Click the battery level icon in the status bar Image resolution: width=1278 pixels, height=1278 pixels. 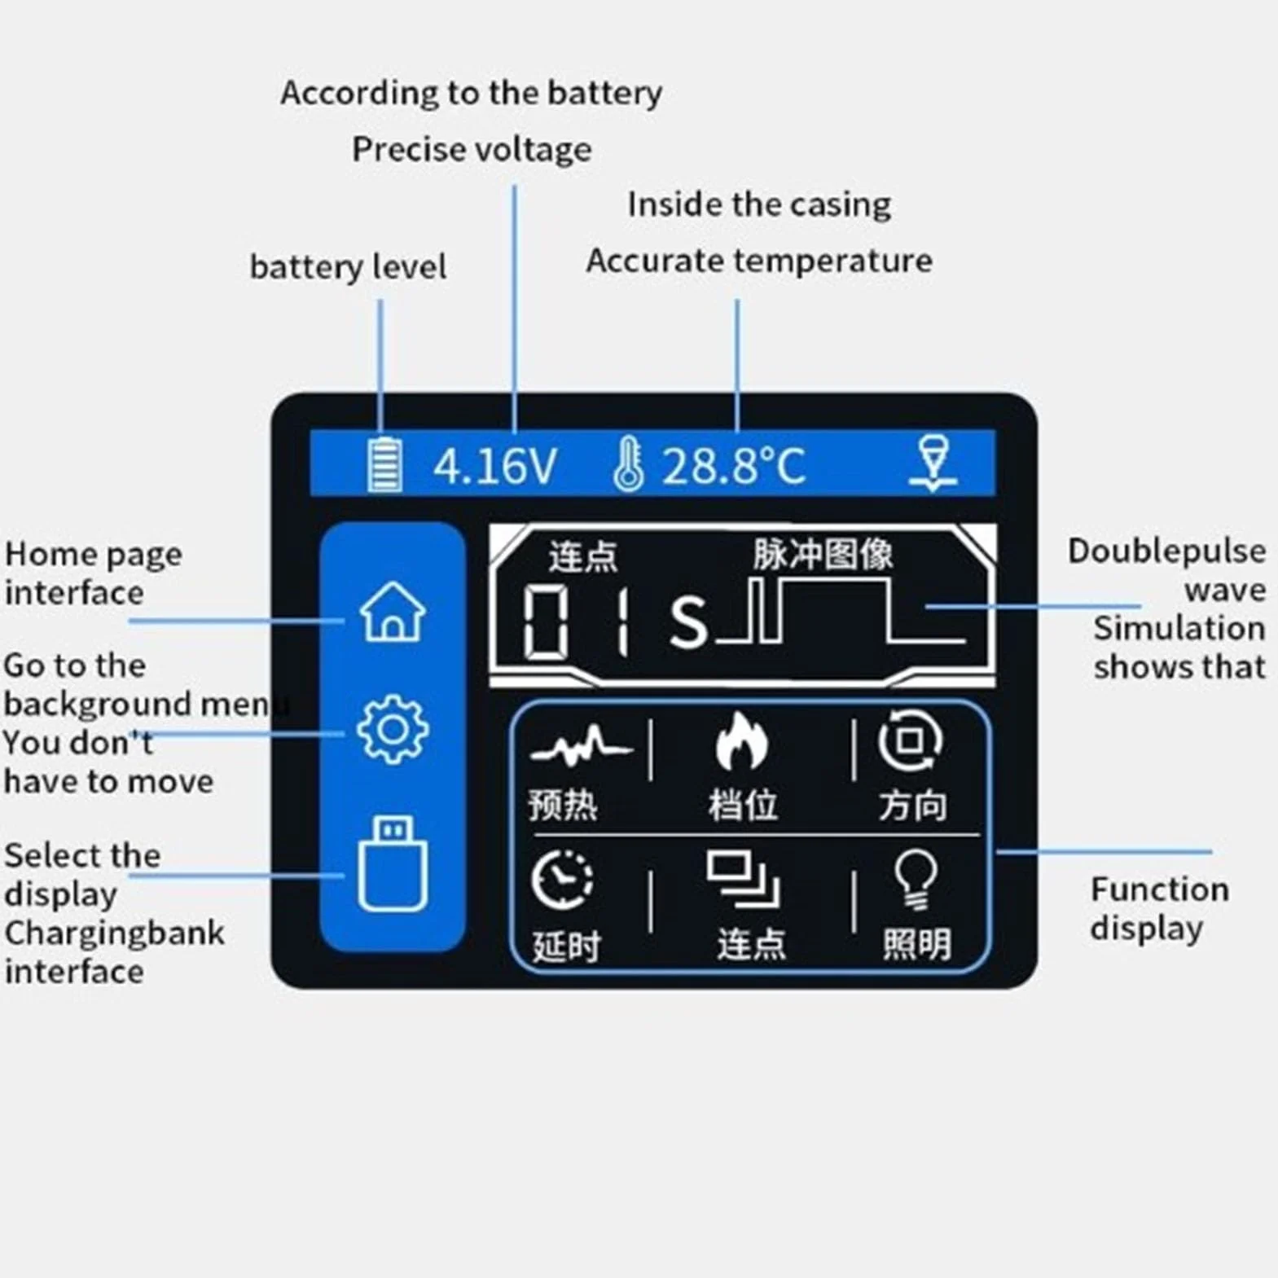pos(384,464)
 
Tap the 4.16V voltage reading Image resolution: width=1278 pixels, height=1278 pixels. pos(495,467)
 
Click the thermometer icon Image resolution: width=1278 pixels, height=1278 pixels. pos(628,464)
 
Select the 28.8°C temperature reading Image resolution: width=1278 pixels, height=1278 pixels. pos(733,467)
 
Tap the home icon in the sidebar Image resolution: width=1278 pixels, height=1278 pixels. pos(393,612)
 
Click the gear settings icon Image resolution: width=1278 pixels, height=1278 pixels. pos(393,729)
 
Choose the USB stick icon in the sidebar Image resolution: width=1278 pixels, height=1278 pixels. pos(393,863)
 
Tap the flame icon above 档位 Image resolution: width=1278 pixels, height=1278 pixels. pos(741,741)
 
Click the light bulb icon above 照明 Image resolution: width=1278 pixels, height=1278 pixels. pos(916,880)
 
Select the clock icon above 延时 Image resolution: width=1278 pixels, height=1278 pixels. pos(562,880)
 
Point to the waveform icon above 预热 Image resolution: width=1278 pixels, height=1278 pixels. pos(580,746)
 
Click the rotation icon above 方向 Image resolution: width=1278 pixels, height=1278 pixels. pos(911,741)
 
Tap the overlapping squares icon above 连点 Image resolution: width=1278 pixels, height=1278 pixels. pos(743,880)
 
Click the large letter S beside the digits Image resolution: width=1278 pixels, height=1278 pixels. pos(689,621)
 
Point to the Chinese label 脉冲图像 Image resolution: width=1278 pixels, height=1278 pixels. pos(823,555)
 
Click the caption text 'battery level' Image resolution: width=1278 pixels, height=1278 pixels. pos(348,267)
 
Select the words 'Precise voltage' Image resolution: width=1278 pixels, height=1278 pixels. pos(472,150)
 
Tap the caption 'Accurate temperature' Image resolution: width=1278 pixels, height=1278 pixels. pos(759,261)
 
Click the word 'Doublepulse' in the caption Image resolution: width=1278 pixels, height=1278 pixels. pos(1166,551)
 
